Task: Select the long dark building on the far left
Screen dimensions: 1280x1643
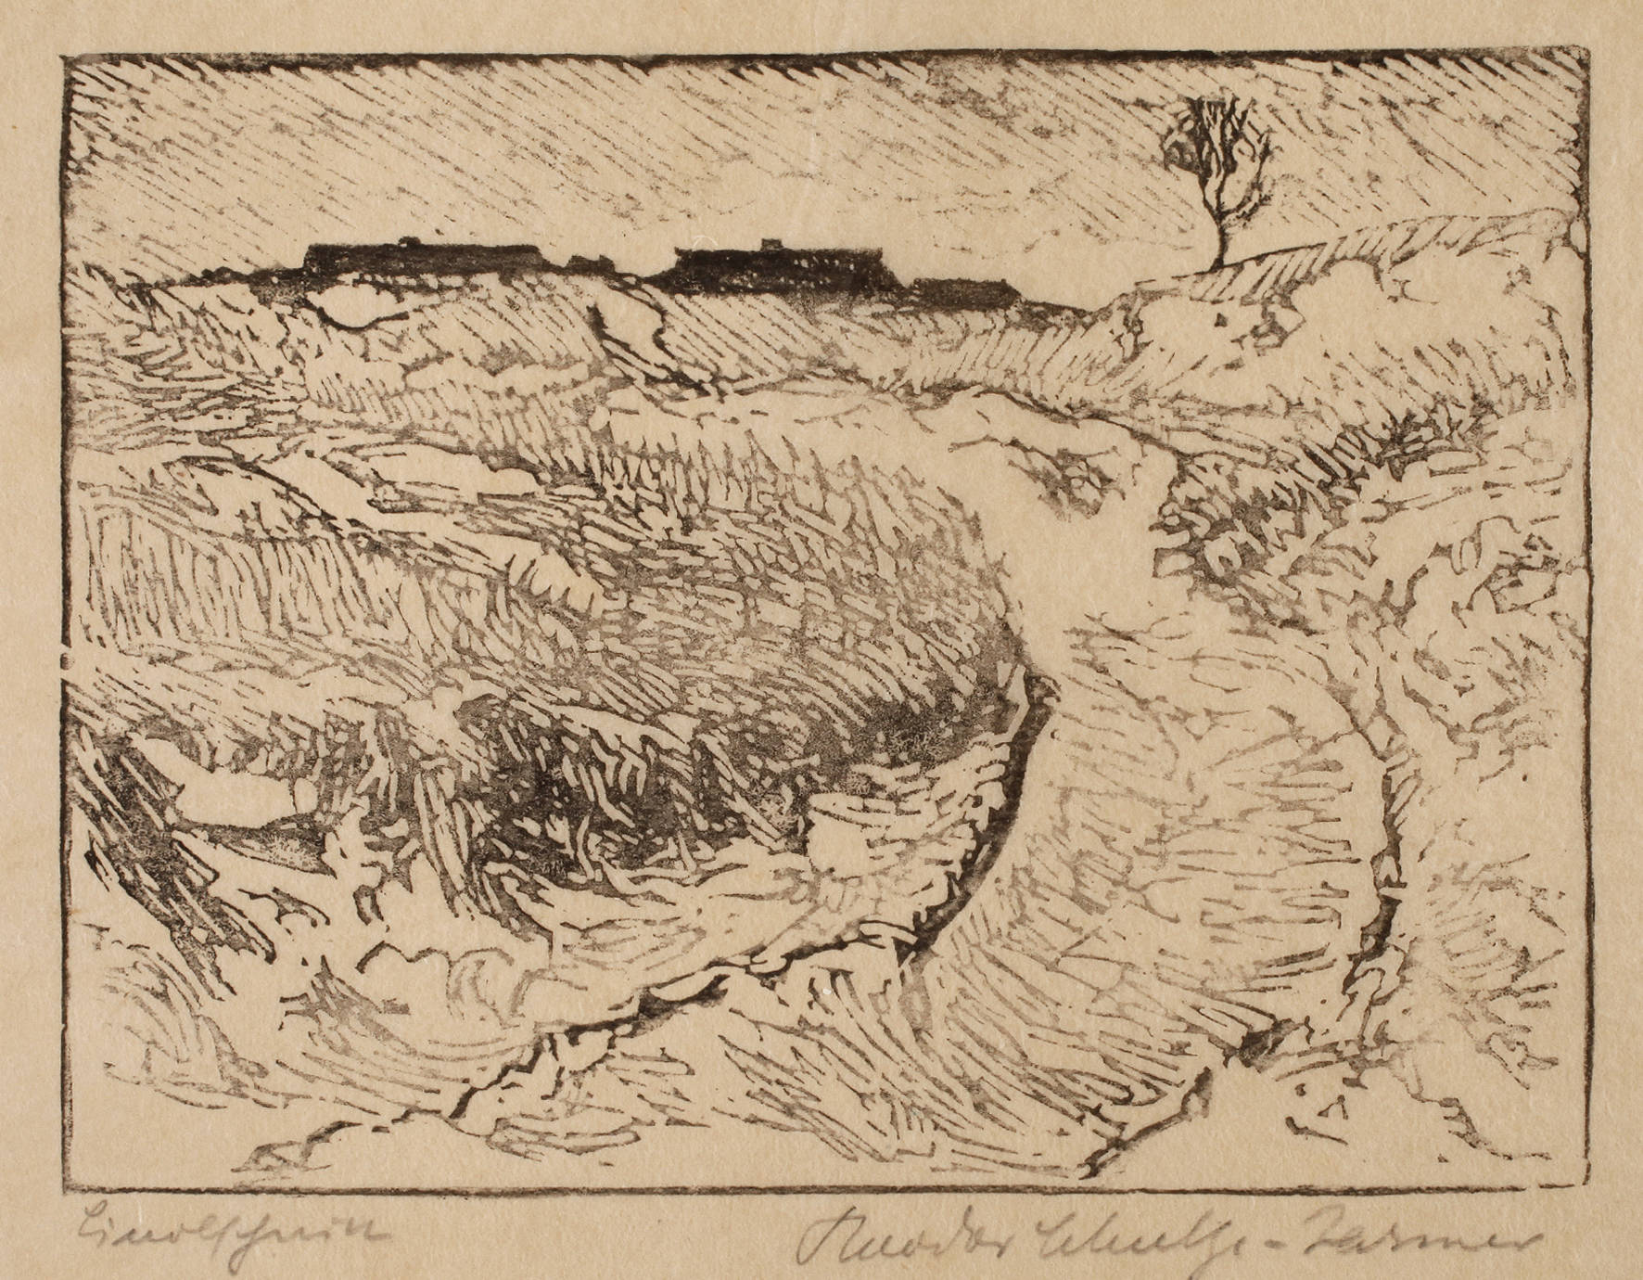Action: pyautogui.click(x=422, y=260)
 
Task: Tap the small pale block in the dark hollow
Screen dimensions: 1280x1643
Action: pyautogui.click(x=839, y=830)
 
